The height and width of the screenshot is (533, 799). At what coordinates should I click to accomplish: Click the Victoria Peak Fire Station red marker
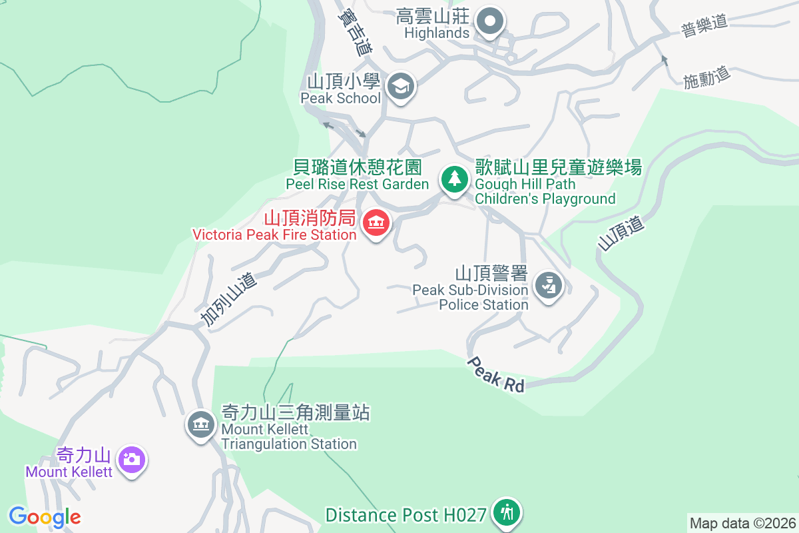tap(376, 223)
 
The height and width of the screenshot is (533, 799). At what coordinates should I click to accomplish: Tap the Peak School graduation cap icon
tap(401, 86)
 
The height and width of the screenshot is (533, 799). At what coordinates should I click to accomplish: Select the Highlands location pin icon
tap(491, 21)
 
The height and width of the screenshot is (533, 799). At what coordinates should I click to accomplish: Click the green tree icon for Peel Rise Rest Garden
tap(454, 179)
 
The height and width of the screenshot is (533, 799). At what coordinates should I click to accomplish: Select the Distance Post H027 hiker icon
tap(507, 512)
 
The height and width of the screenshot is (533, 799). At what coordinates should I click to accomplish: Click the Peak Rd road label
tap(496, 374)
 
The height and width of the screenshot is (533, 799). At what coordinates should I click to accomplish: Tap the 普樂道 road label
tap(704, 26)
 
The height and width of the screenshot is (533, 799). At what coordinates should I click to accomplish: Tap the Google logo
tap(45, 517)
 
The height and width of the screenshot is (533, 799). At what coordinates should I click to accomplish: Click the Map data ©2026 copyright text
tap(742, 523)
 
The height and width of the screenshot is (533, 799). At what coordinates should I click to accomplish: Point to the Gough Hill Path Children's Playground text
tap(545, 191)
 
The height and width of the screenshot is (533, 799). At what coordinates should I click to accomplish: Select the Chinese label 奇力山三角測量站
tap(295, 412)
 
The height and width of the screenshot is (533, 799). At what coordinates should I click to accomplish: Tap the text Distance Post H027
tap(405, 515)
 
